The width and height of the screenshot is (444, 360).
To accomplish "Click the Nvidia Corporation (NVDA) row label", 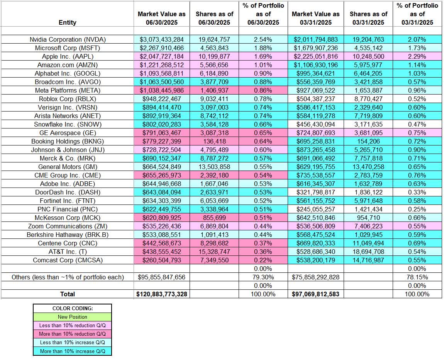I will click(68, 39).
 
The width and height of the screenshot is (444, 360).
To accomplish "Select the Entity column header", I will click(68, 22).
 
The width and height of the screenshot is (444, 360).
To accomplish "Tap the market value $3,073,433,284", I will click(161, 39).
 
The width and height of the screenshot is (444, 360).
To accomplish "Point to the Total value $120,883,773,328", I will click(161, 294).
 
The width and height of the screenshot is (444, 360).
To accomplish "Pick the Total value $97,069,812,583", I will click(315, 294).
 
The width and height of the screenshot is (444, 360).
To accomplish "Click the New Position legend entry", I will click(72, 317).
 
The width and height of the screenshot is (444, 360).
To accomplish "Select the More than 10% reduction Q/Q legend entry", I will click(72, 334).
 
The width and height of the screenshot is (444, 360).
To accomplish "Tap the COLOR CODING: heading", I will click(72, 309).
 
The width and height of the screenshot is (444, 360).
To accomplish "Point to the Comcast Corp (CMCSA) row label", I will click(68, 260).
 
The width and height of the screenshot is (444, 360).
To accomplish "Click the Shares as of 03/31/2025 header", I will click(368, 18).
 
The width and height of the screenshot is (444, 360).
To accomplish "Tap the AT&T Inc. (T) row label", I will click(68, 252).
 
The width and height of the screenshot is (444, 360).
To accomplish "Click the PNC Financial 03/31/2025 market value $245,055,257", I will click(315, 209).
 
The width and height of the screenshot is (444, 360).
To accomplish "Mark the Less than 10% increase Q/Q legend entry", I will click(72, 342).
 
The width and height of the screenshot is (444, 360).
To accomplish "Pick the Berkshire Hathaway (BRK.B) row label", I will click(68, 235).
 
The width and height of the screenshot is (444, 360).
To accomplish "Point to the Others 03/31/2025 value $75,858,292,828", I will click(315, 277).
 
